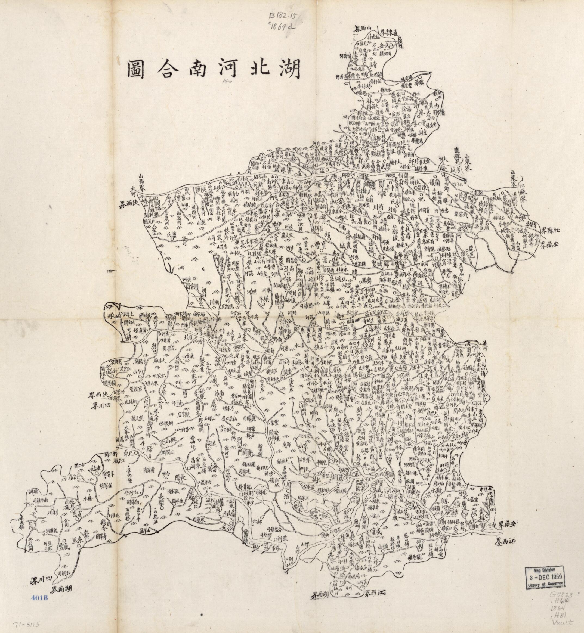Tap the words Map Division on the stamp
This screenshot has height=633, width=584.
click(545, 571)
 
